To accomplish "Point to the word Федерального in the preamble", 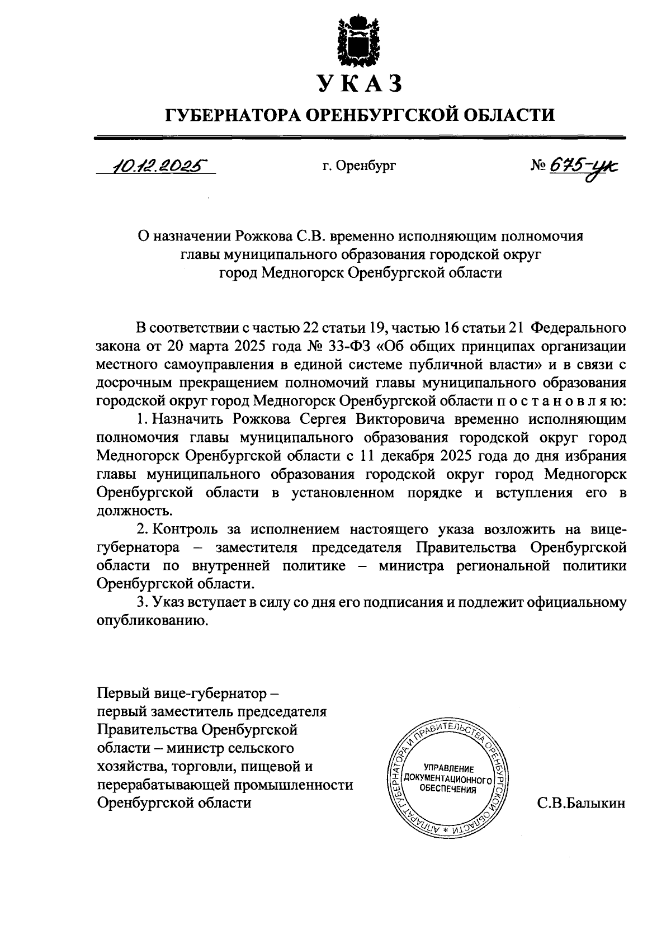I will pos(577,327).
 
